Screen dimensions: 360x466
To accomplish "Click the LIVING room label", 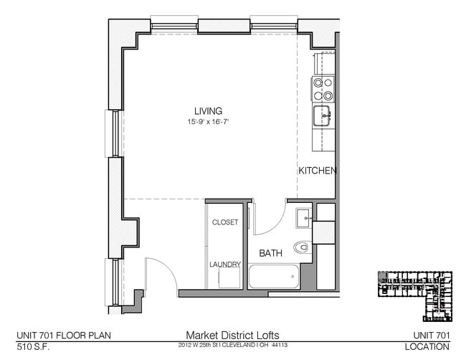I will point(208,110).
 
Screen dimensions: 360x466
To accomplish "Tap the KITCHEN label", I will point(317,171).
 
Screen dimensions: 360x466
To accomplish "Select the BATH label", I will point(270,253).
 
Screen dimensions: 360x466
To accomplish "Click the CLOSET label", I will point(224,222).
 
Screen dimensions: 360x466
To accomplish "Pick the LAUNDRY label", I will point(224,264).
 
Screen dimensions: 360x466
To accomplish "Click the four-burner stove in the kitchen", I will point(323,89).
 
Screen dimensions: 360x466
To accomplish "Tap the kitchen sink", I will point(323,114).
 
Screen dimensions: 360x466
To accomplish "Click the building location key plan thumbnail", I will point(416,294).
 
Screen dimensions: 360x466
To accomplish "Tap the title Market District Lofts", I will point(232,334).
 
